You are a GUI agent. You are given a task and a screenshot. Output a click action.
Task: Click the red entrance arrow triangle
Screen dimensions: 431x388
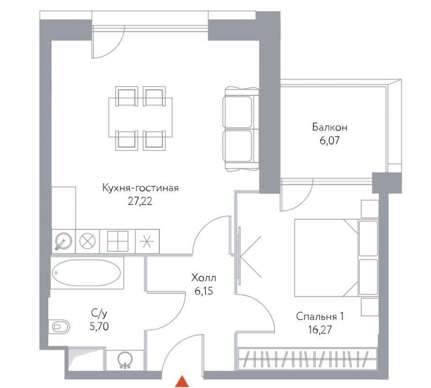click(182, 382)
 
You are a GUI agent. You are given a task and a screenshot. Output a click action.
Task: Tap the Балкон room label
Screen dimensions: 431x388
click(330, 127)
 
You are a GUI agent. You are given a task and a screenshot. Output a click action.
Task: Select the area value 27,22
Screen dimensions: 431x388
click(140, 202)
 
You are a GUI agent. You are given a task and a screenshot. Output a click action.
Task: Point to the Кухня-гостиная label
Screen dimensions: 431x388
click(140, 188)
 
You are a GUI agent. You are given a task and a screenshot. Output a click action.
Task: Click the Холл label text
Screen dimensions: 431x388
click(204, 278)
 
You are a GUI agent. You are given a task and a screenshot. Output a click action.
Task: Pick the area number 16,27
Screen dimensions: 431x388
click(320, 330)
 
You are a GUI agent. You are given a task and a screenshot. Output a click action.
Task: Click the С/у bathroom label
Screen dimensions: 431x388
click(99, 313)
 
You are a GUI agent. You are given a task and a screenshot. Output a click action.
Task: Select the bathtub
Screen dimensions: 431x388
click(87, 273)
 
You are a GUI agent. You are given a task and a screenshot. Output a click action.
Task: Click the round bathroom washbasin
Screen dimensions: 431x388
click(125, 360)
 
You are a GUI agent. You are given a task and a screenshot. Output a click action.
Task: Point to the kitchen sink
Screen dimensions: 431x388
click(63, 242)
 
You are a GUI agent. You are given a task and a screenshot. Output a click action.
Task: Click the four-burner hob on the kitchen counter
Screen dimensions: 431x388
click(118, 241)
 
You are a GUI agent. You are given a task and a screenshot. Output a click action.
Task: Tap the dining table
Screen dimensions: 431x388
click(140, 117)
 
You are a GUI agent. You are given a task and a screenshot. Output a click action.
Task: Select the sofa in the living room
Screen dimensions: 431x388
click(241, 129)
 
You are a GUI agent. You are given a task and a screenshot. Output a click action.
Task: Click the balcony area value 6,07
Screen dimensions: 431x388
click(330, 141)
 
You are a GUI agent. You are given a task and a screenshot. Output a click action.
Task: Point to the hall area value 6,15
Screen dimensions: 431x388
click(204, 291)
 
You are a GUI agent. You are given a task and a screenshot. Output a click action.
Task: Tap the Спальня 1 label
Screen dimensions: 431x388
click(320, 317)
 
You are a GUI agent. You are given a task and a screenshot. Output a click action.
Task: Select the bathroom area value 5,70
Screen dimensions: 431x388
click(99, 326)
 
